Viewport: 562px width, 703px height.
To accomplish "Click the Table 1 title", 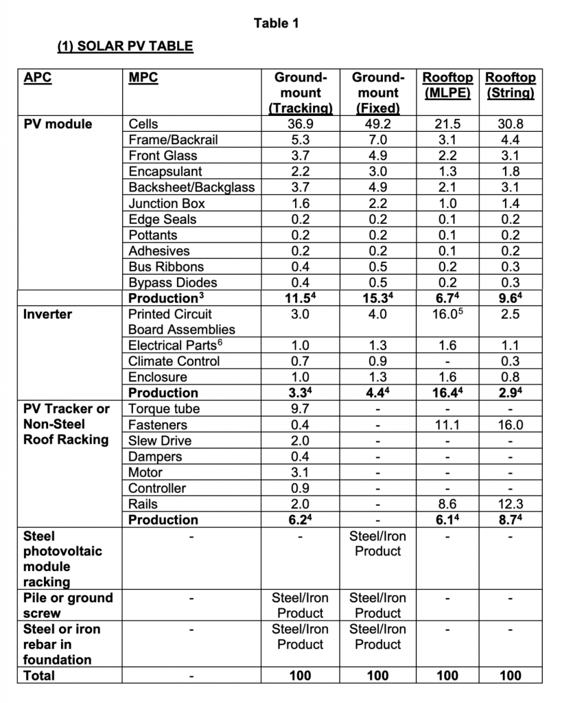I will [276, 23].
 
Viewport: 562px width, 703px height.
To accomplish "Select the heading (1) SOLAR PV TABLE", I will [124, 47].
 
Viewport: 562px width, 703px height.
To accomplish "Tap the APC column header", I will [37, 78].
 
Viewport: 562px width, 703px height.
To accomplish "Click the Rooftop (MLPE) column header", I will [447, 85].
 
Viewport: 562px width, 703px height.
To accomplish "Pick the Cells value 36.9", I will [300, 124].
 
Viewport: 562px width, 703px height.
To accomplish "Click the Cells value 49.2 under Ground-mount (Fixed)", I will [377, 124].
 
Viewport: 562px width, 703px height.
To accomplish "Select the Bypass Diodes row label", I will [173, 283].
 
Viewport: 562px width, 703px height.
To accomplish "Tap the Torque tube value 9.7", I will [300, 409].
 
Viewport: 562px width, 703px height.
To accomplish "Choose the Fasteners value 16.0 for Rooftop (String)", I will [510, 425].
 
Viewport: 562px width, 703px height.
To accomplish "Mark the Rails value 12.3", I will [510, 504].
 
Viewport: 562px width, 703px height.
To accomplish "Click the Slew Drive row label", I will [160, 441].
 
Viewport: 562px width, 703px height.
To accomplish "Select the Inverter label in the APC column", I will [47, 314].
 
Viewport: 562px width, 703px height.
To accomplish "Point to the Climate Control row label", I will [174, 361].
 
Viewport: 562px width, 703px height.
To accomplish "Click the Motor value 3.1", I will [300, 472].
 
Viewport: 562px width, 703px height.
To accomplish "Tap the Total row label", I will [39, 676].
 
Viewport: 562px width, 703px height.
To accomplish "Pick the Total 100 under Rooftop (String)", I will [510, 676].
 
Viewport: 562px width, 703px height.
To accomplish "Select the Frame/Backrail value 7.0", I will [377, 140].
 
